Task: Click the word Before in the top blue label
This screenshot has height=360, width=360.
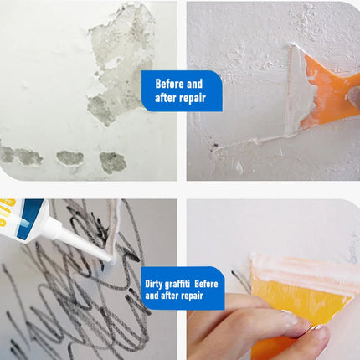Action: point(170,84)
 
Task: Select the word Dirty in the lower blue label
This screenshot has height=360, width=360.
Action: point(153,284)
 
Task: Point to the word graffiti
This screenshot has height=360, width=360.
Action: point(177,284)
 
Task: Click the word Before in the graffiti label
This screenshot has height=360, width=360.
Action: point(206,284)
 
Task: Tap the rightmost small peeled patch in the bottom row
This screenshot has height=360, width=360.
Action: point(112,162)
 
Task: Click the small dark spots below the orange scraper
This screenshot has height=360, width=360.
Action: point(214,147)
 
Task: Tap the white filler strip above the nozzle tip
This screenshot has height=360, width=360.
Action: point(115,228)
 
